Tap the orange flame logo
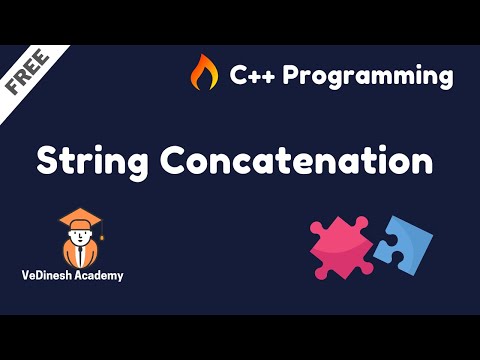pyautogui.click(x=204, y=73)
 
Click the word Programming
pyautogui.click(x=370, y=75)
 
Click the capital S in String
pyautogui.click(x=46, y=160)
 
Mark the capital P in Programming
pyautogui.click(x=298, y=74)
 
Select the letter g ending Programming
pyautogui.click(x=444, y=78)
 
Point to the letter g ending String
pyautogui.click(x=131, y=165)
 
